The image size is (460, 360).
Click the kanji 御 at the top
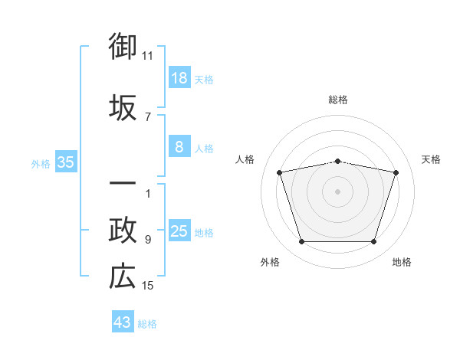click(123, 46)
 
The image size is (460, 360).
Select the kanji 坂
click(123, 107)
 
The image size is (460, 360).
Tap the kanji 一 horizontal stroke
click(123, 183)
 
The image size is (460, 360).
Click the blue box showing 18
click(179, 77)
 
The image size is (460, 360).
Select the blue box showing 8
click(179, 146)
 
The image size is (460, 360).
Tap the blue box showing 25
click(179, 230)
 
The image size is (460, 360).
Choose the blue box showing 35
click(66, 162)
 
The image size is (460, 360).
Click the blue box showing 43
click(123, 321)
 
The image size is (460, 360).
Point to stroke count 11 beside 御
click(147, 56)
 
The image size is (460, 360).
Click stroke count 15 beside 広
click(147, 286)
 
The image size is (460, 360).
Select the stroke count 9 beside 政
click(148, 240)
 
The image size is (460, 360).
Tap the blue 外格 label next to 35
click(41, 164)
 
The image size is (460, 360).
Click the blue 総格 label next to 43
click(147, 324)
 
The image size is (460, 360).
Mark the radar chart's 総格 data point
click(337, 162)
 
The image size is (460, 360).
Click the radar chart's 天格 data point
click(396, 172)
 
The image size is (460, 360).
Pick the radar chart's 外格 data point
click(301, 241)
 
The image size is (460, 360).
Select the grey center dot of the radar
click(337, 191)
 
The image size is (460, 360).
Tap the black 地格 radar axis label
click(402, 262)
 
